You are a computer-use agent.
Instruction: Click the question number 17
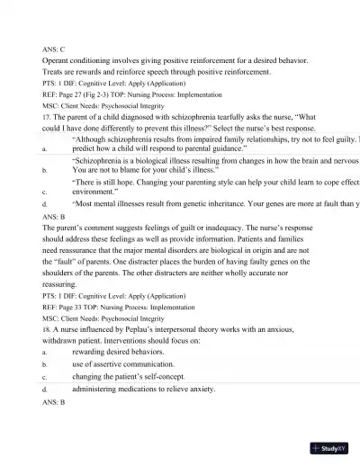click(x=47, y=117)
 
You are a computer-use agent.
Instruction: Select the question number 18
click(x=47, y=330)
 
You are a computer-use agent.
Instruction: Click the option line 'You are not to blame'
click(x=144, y=168)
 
